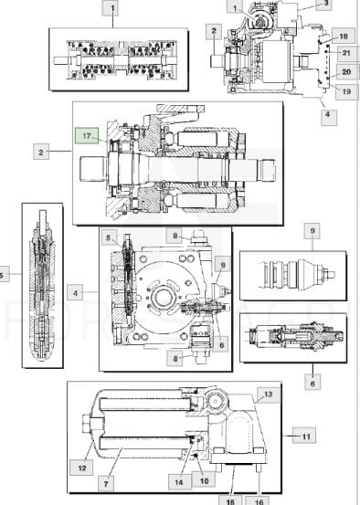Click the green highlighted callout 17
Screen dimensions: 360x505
pyautogui.click(x=87, y=135)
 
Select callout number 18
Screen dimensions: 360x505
pyautogui.click(x=344, y=36)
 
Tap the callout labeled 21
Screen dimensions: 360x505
pyautogui.click(x=346, y=53)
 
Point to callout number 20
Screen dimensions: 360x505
pyautogui.click(x=346, y=72)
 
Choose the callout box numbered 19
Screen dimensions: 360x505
pyautogui.click(x=346, y=92)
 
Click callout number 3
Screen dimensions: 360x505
pyautogui.click(x=323, y=4)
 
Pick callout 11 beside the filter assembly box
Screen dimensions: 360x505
pyautogui.click(x=304, y=436)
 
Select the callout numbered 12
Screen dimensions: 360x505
pyautogui.click(x=81, y=468)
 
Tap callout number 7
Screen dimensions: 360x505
pyautogui.click(x=106, y=483)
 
